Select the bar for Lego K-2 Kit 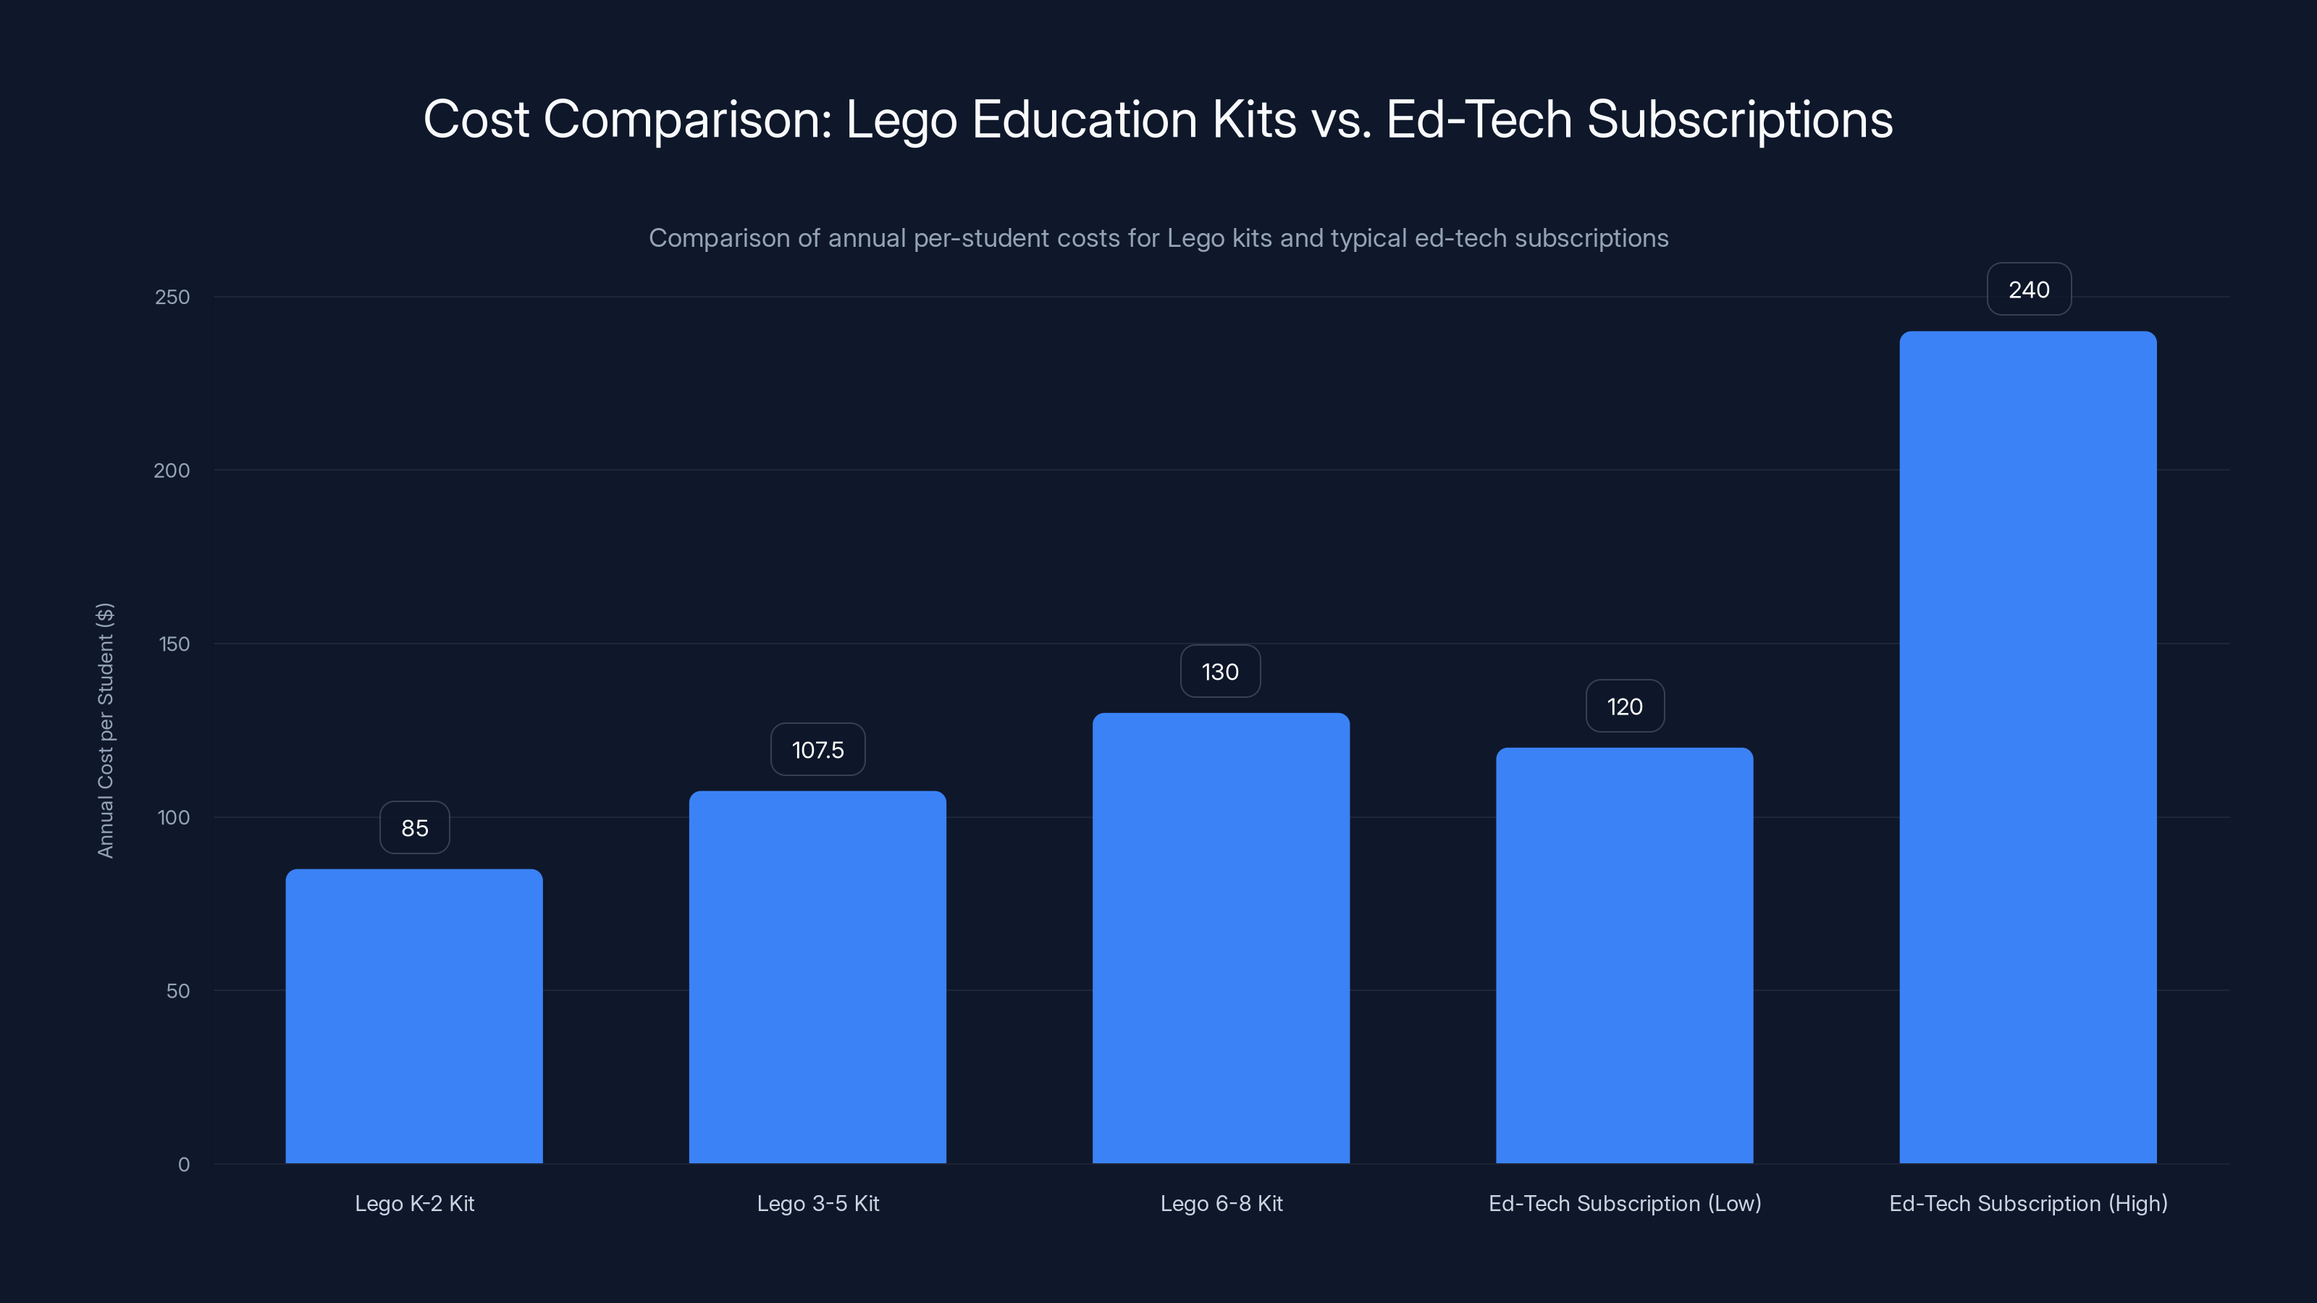[x=413, y=1016]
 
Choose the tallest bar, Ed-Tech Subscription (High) [x=2027, y=747]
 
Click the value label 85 [x=415, y=828]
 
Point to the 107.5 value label [x=817, y=750]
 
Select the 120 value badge [x=1624, y=707]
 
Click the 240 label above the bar [x=2028, y=290]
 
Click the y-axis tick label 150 [x=174, y=644]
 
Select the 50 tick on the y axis [x=178, y=991]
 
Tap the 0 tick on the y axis [x=183, y=1165]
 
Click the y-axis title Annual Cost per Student [x=105, y=730]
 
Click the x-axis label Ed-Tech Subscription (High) [x=2027, y=1203]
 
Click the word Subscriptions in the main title [x=1738, y=119]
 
